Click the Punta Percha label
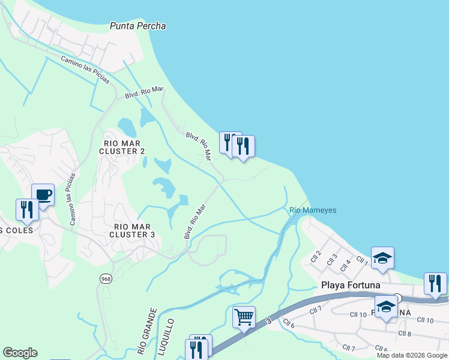pos(137,26)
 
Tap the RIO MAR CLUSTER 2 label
pos(124,147)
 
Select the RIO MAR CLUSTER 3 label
pos(134,230)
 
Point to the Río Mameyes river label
pos(313,210)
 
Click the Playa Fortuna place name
pos(351,285)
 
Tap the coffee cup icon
pos(43,194)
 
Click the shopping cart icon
pos(244,316)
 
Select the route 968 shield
pos(106,278)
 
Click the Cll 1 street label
pos(361,260)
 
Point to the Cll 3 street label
pos(331,260)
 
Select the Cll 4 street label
pos(345,263)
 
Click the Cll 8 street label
pos(405,333)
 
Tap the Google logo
pos(20,353)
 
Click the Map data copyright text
pos(412,355)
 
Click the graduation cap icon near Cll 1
pos(382,257)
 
